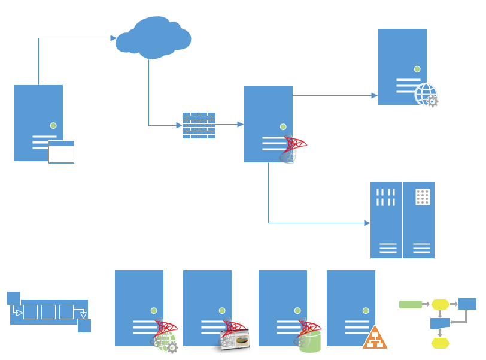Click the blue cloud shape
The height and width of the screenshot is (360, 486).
(153, 37)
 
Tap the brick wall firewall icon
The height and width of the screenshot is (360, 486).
(199, 125)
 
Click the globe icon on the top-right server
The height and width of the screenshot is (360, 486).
(425, 93)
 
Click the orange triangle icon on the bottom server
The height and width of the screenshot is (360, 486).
(375, 338)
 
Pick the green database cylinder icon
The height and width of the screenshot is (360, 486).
(311, 340)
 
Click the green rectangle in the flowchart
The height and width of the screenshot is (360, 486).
(410, 304)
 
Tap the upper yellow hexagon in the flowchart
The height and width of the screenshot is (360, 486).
(440, 304)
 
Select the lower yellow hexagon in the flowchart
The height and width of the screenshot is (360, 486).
(440, 343)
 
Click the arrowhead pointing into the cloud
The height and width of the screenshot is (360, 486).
(114, 38)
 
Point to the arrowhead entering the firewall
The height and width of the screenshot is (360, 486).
(178, 125)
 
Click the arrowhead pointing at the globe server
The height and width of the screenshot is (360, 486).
(375, 95)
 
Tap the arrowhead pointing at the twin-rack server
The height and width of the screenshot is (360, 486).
(367, 223)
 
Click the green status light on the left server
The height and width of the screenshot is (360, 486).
(53, 125)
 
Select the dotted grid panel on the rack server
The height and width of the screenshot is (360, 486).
(423, 197)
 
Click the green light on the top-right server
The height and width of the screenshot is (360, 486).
(417, 69)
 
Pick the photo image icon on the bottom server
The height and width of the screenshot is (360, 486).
(235, 340)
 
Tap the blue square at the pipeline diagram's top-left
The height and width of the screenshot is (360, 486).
(14, 298)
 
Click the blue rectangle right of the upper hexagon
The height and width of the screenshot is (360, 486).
(467, 304)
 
